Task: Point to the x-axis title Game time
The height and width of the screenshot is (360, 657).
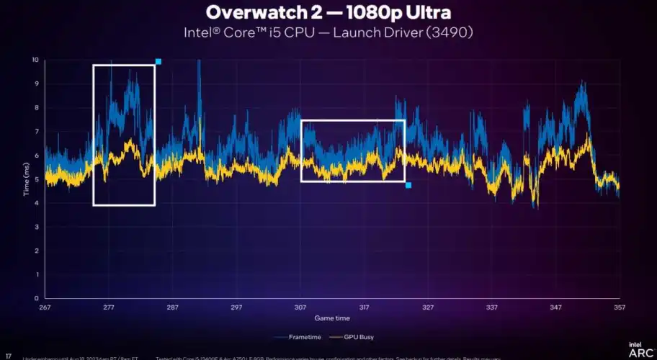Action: (x=332, y=318)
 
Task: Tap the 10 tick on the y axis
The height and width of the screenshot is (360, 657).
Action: (x=34, y=60)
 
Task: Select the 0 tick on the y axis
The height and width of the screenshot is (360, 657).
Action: (x=35, y=298)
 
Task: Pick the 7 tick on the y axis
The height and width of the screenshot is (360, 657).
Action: (x=35, y=131)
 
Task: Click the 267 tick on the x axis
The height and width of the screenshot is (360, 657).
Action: (x=45, y=307)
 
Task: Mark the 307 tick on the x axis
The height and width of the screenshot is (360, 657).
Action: (x=300, y=307)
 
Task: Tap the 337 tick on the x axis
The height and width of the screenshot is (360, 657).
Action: (x=492, y=307)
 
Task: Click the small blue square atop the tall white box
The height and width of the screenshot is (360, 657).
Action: (x=158, y=62)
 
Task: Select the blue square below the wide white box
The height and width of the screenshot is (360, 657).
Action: (x=408, y=186)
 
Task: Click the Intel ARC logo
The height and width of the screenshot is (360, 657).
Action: (x=639, y=349)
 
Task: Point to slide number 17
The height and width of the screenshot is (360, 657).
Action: (x=8, y=356)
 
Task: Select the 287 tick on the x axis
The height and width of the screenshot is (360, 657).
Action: (x=172, y=307)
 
